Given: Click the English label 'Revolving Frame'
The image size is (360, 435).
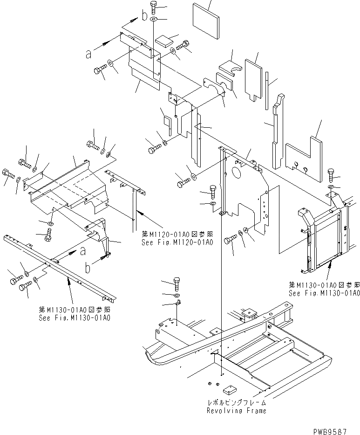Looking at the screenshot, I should [237, 411].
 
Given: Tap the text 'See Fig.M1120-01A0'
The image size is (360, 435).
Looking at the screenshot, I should [177, 242].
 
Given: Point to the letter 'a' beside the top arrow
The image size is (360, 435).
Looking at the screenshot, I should [88, 54].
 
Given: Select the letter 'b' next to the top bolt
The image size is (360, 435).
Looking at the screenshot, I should [145, 17].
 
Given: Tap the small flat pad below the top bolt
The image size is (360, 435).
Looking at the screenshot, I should [164, 40].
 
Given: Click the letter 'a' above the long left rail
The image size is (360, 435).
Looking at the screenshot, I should [83, 251].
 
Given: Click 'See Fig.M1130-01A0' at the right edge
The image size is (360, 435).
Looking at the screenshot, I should [324, 293].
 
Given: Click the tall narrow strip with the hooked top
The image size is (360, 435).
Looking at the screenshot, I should [277, 131].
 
